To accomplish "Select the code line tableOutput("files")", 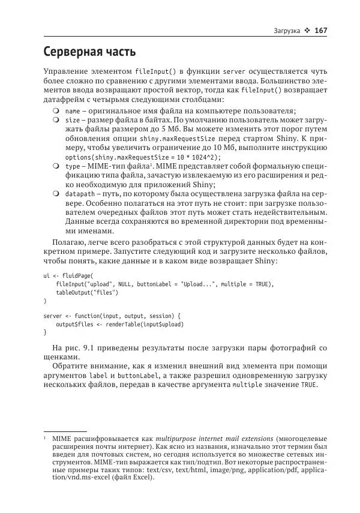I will pos(87,293).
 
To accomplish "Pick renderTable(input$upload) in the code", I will pos(145,325).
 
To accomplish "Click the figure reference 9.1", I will pos(92,348).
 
